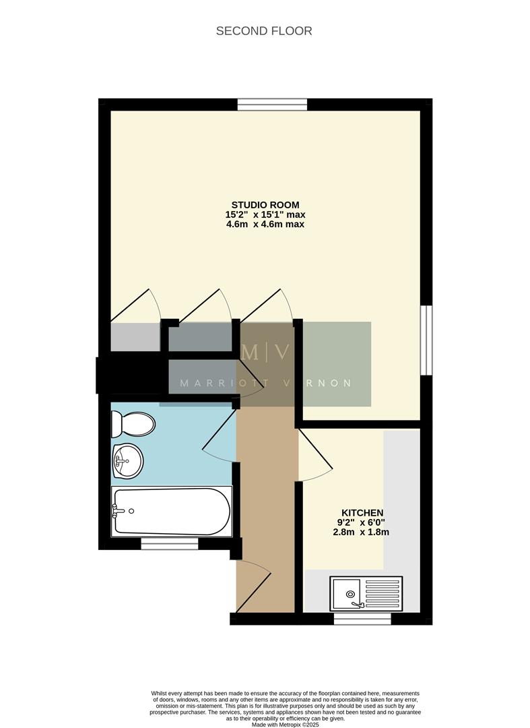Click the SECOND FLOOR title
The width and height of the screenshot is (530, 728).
264,31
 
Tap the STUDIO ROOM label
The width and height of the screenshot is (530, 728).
265,205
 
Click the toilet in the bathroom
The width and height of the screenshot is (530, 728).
135,424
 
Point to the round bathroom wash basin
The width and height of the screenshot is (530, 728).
127,461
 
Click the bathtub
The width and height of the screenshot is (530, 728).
172,511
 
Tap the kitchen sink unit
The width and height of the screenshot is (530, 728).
366,593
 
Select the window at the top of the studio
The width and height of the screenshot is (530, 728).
272,104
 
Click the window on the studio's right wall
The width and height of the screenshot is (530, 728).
426,340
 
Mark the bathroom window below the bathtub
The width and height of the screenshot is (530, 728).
170,543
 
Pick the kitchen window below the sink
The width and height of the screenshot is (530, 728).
362,619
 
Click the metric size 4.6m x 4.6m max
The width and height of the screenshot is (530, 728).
265,224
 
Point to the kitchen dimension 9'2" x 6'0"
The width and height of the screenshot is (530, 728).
362,522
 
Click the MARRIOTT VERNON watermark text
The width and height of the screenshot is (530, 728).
265,384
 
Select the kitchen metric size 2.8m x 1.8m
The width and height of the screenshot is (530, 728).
362,532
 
